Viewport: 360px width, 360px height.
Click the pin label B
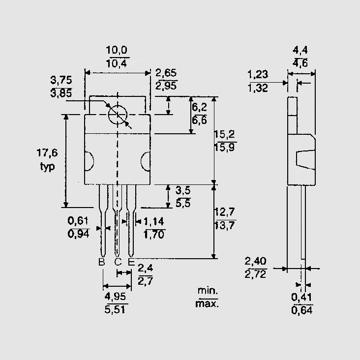(x=102, y=262)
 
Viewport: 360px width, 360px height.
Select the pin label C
(x=118, y=262)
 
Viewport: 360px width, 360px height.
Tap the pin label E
(x=131, y=262)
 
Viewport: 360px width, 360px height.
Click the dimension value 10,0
(x=117, y=50)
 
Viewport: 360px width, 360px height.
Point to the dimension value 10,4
(x=117, y=62)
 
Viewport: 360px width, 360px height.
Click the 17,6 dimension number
(x=48, y=153)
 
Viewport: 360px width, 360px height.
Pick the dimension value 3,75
(x=61, y=80)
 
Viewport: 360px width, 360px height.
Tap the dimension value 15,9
(x=224, y=148)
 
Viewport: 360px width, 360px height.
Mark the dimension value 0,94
(x=78, y=234)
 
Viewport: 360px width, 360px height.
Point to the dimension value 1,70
(x=154, y=234)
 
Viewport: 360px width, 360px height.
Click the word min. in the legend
(x=207, y=291)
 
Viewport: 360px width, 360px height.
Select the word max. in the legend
(x=207, y=303)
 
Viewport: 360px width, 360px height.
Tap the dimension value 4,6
(x=300, y=62)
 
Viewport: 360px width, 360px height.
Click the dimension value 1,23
(x=258, y=75)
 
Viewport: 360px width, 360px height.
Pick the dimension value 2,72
(x=256, y=274)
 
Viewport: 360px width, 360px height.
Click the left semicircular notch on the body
(x=89, y=160)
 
